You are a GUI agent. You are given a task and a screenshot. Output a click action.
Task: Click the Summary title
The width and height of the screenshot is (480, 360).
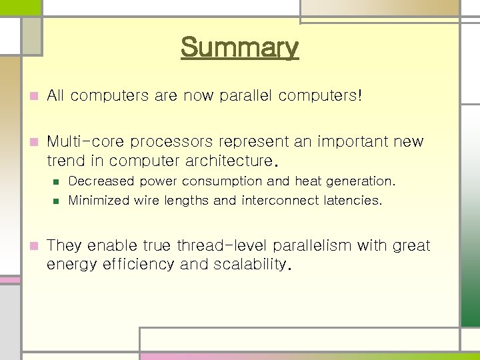(239, 48)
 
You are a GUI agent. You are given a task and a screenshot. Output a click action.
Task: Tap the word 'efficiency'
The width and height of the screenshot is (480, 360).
(137, 265)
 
